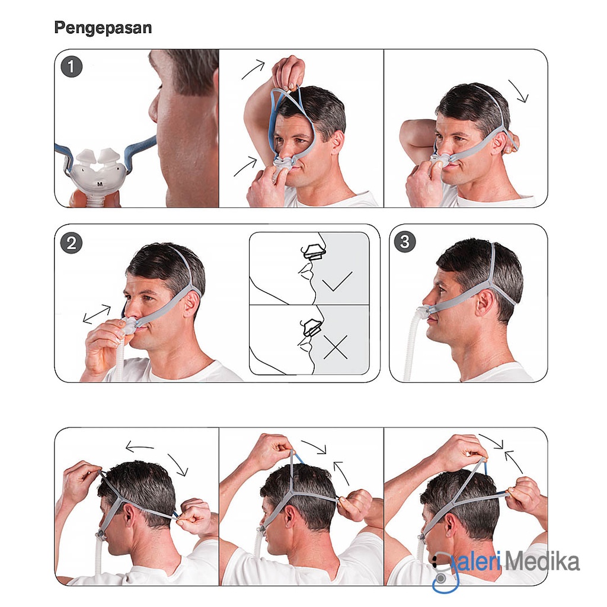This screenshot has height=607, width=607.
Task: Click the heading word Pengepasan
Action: click(x=103, y=27)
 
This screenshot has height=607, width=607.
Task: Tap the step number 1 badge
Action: click(x=71, y=66)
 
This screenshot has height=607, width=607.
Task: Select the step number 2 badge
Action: click(x=71, y=243)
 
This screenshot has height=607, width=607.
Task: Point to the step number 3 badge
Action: click(x=406, y=241)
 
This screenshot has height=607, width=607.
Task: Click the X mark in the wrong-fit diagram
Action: click(x=336, y=347)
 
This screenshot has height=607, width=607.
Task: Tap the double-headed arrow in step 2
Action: click(x=97, y=314)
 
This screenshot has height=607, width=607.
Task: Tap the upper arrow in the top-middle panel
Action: click(x=254, y=70)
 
